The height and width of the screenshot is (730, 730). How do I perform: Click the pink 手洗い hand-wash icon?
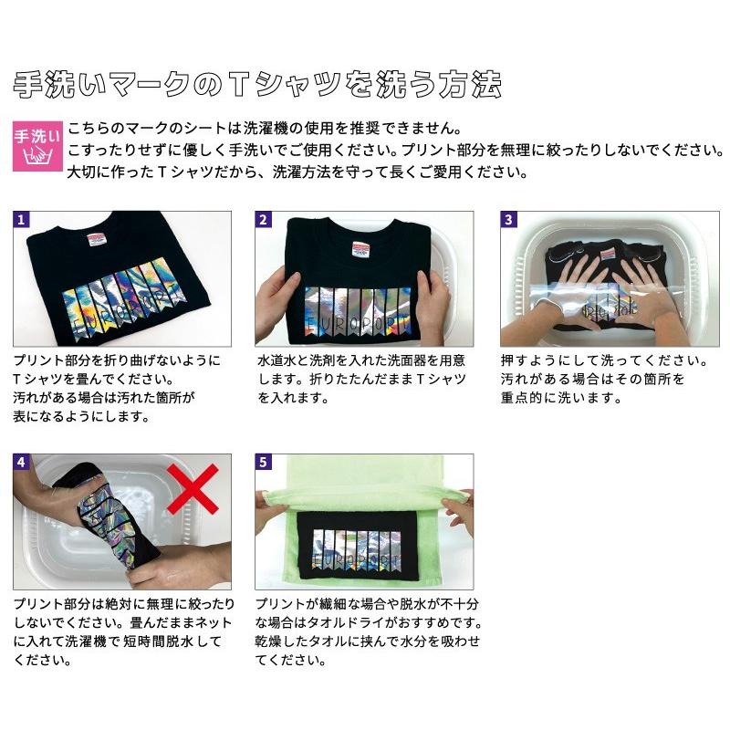point(37,146)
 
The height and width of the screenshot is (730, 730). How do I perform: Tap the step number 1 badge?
point(22,220)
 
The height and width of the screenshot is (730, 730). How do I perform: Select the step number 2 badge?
point(264,220)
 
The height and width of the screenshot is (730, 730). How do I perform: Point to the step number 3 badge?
point(509,220)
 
